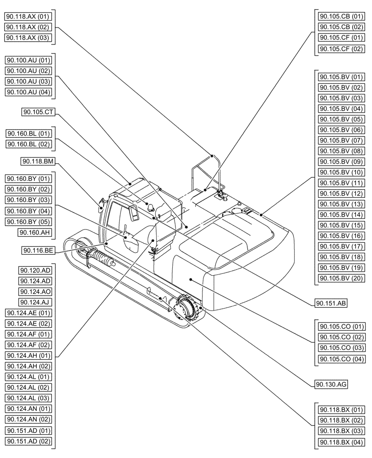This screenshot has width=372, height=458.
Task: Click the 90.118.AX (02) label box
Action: (28, 27)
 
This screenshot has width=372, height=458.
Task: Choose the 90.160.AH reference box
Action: (35, 233)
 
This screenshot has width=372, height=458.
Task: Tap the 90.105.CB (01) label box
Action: (341, 16)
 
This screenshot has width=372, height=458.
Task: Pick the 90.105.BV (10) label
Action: (341, 172)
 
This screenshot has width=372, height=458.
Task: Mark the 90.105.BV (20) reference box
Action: (341, 278)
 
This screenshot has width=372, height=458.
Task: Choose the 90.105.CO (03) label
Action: (341, 348)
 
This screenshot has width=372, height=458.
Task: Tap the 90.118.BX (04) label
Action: (341, 442)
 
